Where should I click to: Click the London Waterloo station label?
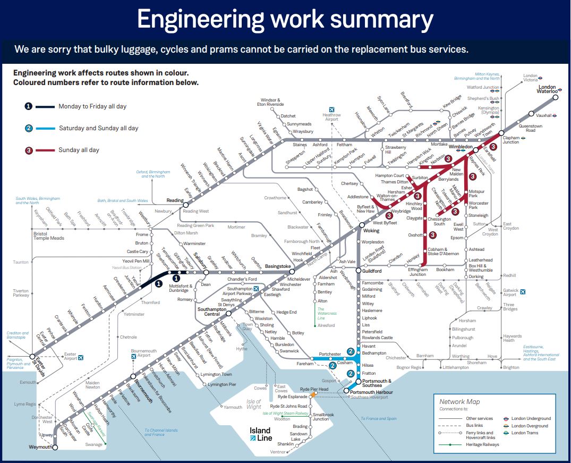click(547, 89)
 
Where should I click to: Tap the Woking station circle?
click(362, 225)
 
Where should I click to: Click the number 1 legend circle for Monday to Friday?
click(29, 106)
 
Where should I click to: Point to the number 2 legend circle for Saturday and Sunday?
click(29, 128)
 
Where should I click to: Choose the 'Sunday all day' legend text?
click(79, 150)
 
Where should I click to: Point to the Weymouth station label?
click(40, 447)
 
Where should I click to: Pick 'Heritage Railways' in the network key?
click(482, 444)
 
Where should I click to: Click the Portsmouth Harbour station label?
click(371, 392)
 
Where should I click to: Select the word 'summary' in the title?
click(372, 20)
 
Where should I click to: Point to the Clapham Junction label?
click(511, 139)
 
